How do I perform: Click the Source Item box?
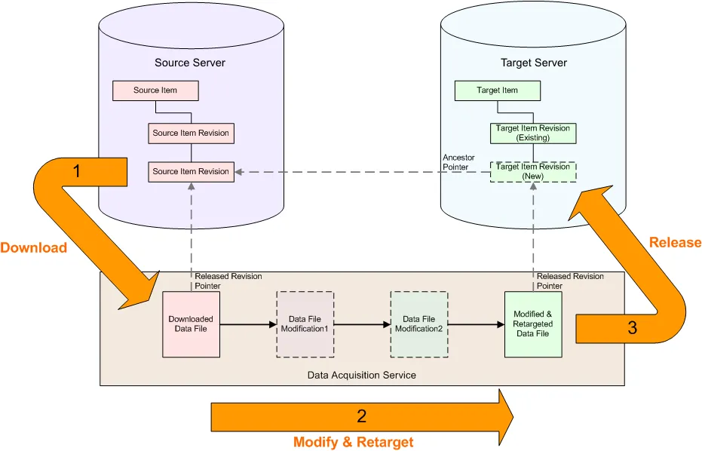point(155,91)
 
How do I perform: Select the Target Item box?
point(498,91)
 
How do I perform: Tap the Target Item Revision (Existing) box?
point(533,133)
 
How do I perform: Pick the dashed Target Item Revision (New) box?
point(533,171)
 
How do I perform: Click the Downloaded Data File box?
point(191,324)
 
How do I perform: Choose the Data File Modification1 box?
point(305,324)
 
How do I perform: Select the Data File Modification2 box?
point(418,324)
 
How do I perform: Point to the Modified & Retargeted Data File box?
point(533,324)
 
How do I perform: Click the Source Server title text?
point(190,63)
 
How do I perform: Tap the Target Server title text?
point(534,63)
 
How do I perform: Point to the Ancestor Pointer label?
point(458,162)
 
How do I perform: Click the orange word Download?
point(33,247)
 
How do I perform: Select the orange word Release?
point(675,242)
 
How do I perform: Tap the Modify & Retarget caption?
point(353,442)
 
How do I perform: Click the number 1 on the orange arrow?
point(76,171)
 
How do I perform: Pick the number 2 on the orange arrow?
point(362,416)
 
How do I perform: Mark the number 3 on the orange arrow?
point(632,328)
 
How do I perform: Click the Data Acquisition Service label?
point(362,375)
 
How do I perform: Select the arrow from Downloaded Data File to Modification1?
point(248,325)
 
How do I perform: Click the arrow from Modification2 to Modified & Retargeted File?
point(476,325)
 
